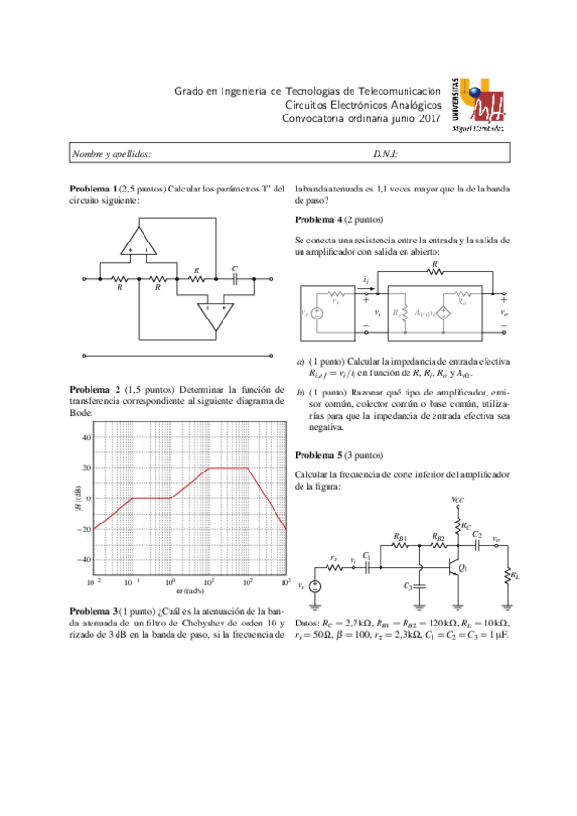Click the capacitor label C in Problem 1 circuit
point(234,268)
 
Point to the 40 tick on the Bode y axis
point(85,437)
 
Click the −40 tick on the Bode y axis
point(83,559)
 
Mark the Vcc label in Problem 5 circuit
point(459,500)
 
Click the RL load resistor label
point(516,575)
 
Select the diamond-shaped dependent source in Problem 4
point(444,314)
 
